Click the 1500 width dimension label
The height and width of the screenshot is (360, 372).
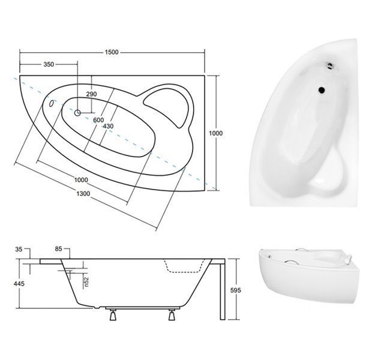tap(112, 52)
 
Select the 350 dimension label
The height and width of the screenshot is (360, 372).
tap(49, 64)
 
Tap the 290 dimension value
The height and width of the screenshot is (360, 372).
tap(91, 94)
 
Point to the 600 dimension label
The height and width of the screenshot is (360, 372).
tap(98, 120)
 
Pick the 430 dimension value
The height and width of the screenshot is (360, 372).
tap(108, 126)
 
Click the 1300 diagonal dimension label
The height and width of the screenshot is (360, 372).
tap(83, 194)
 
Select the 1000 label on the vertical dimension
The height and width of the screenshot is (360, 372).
tap(215, 133)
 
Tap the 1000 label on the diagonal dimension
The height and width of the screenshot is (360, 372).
tap(81, 180)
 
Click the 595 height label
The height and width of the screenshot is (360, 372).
tap(235, 290)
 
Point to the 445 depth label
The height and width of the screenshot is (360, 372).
tap(19, 283)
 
